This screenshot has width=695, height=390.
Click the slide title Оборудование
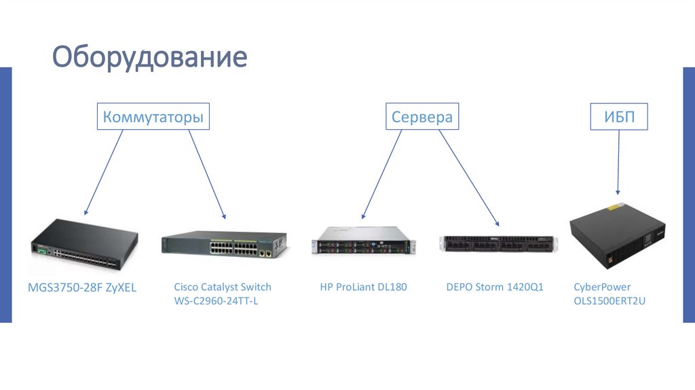click(150, 57)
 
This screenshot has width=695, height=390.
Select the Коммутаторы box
click(153, 117)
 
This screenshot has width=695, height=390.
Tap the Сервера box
click(421, 117)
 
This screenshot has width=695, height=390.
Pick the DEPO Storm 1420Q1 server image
click(498, 245)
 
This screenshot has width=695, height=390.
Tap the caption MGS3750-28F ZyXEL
click(82, 287)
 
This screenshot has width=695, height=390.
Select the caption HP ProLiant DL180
click(363, 287)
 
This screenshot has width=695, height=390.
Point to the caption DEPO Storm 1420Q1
click(495, 287)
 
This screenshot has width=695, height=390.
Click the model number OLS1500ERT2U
click(609, 300)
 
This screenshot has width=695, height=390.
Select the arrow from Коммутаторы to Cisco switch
click(206, 173)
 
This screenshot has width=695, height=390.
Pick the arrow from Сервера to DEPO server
click(468, 177)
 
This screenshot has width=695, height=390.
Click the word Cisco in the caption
click(185, 287)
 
